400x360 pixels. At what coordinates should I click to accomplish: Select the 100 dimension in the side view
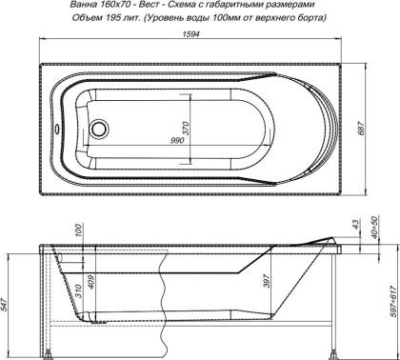(x=79, y=231)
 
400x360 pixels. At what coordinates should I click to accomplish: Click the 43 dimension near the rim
(x=354, y=225)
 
